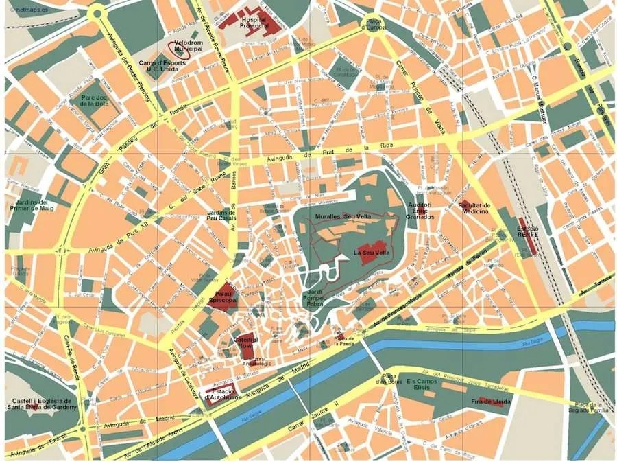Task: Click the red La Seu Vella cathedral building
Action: (x=372, y=247)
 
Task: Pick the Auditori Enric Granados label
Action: (x=420, y=210)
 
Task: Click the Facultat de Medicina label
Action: (x=474, y=208)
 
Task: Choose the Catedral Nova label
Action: (x=245, y=342)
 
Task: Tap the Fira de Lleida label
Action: (x=488, y=401)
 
